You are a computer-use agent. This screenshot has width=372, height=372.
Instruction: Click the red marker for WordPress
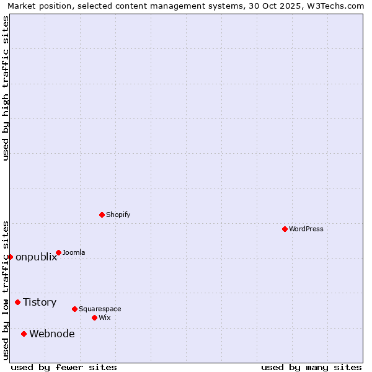[285, 229]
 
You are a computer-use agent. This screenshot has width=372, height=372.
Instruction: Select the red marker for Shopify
[102, 215]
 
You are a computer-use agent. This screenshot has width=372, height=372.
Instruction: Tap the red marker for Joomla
[58, 252]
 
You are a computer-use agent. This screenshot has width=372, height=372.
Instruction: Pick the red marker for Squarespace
[74, 309]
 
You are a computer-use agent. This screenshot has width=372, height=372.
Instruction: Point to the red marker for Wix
[94, 317]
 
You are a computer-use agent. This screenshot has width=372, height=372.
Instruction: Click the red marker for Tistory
[17, 302]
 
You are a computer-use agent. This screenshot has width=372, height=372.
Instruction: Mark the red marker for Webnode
[24, 334]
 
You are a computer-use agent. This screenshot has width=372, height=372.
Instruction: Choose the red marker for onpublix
[10, 257]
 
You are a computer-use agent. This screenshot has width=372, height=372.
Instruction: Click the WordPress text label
[306, 229]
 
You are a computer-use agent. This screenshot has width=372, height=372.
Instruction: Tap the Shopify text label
[118, 215]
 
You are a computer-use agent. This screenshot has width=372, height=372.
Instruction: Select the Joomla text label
[74, 252]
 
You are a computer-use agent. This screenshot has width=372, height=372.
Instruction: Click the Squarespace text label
[100, 309]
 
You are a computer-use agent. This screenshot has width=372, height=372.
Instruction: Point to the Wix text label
[104, 317]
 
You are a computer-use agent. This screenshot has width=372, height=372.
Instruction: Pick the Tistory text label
[40, 302]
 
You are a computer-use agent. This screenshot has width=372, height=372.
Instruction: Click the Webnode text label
[52, 334]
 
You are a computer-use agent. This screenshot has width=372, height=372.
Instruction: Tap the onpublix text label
[36, 257]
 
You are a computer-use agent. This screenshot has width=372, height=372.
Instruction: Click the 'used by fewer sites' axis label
[64, 367]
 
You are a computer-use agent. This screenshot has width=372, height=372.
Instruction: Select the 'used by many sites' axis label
[311, 367]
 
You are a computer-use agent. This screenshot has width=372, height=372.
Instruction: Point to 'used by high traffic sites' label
[6, 88]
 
